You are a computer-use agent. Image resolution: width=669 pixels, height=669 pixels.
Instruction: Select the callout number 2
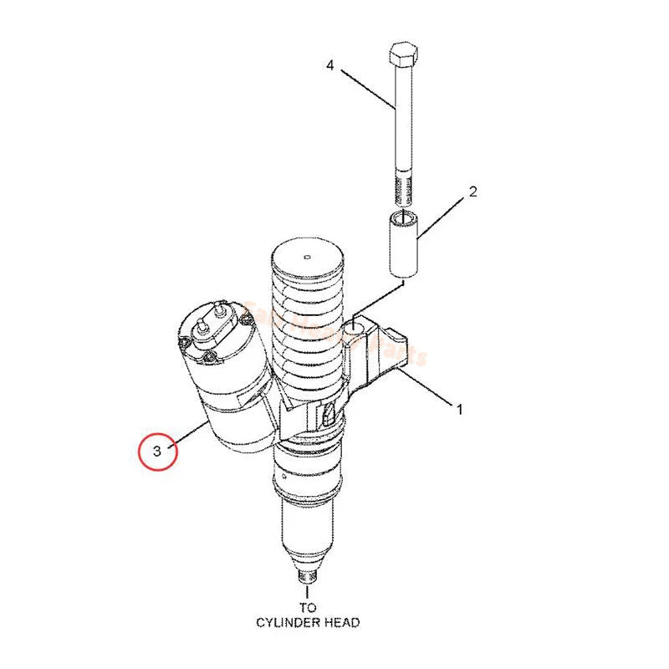[472, 192]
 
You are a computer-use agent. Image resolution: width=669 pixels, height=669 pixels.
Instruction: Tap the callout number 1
[458, 409]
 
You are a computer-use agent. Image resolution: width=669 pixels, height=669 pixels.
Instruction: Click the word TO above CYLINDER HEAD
[309, 607]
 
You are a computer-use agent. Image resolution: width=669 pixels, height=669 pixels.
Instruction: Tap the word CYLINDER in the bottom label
[284, 622]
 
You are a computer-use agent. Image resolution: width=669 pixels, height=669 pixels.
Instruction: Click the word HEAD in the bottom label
[344, 622]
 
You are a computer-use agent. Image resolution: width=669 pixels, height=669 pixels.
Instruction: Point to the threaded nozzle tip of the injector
[307, 575]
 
